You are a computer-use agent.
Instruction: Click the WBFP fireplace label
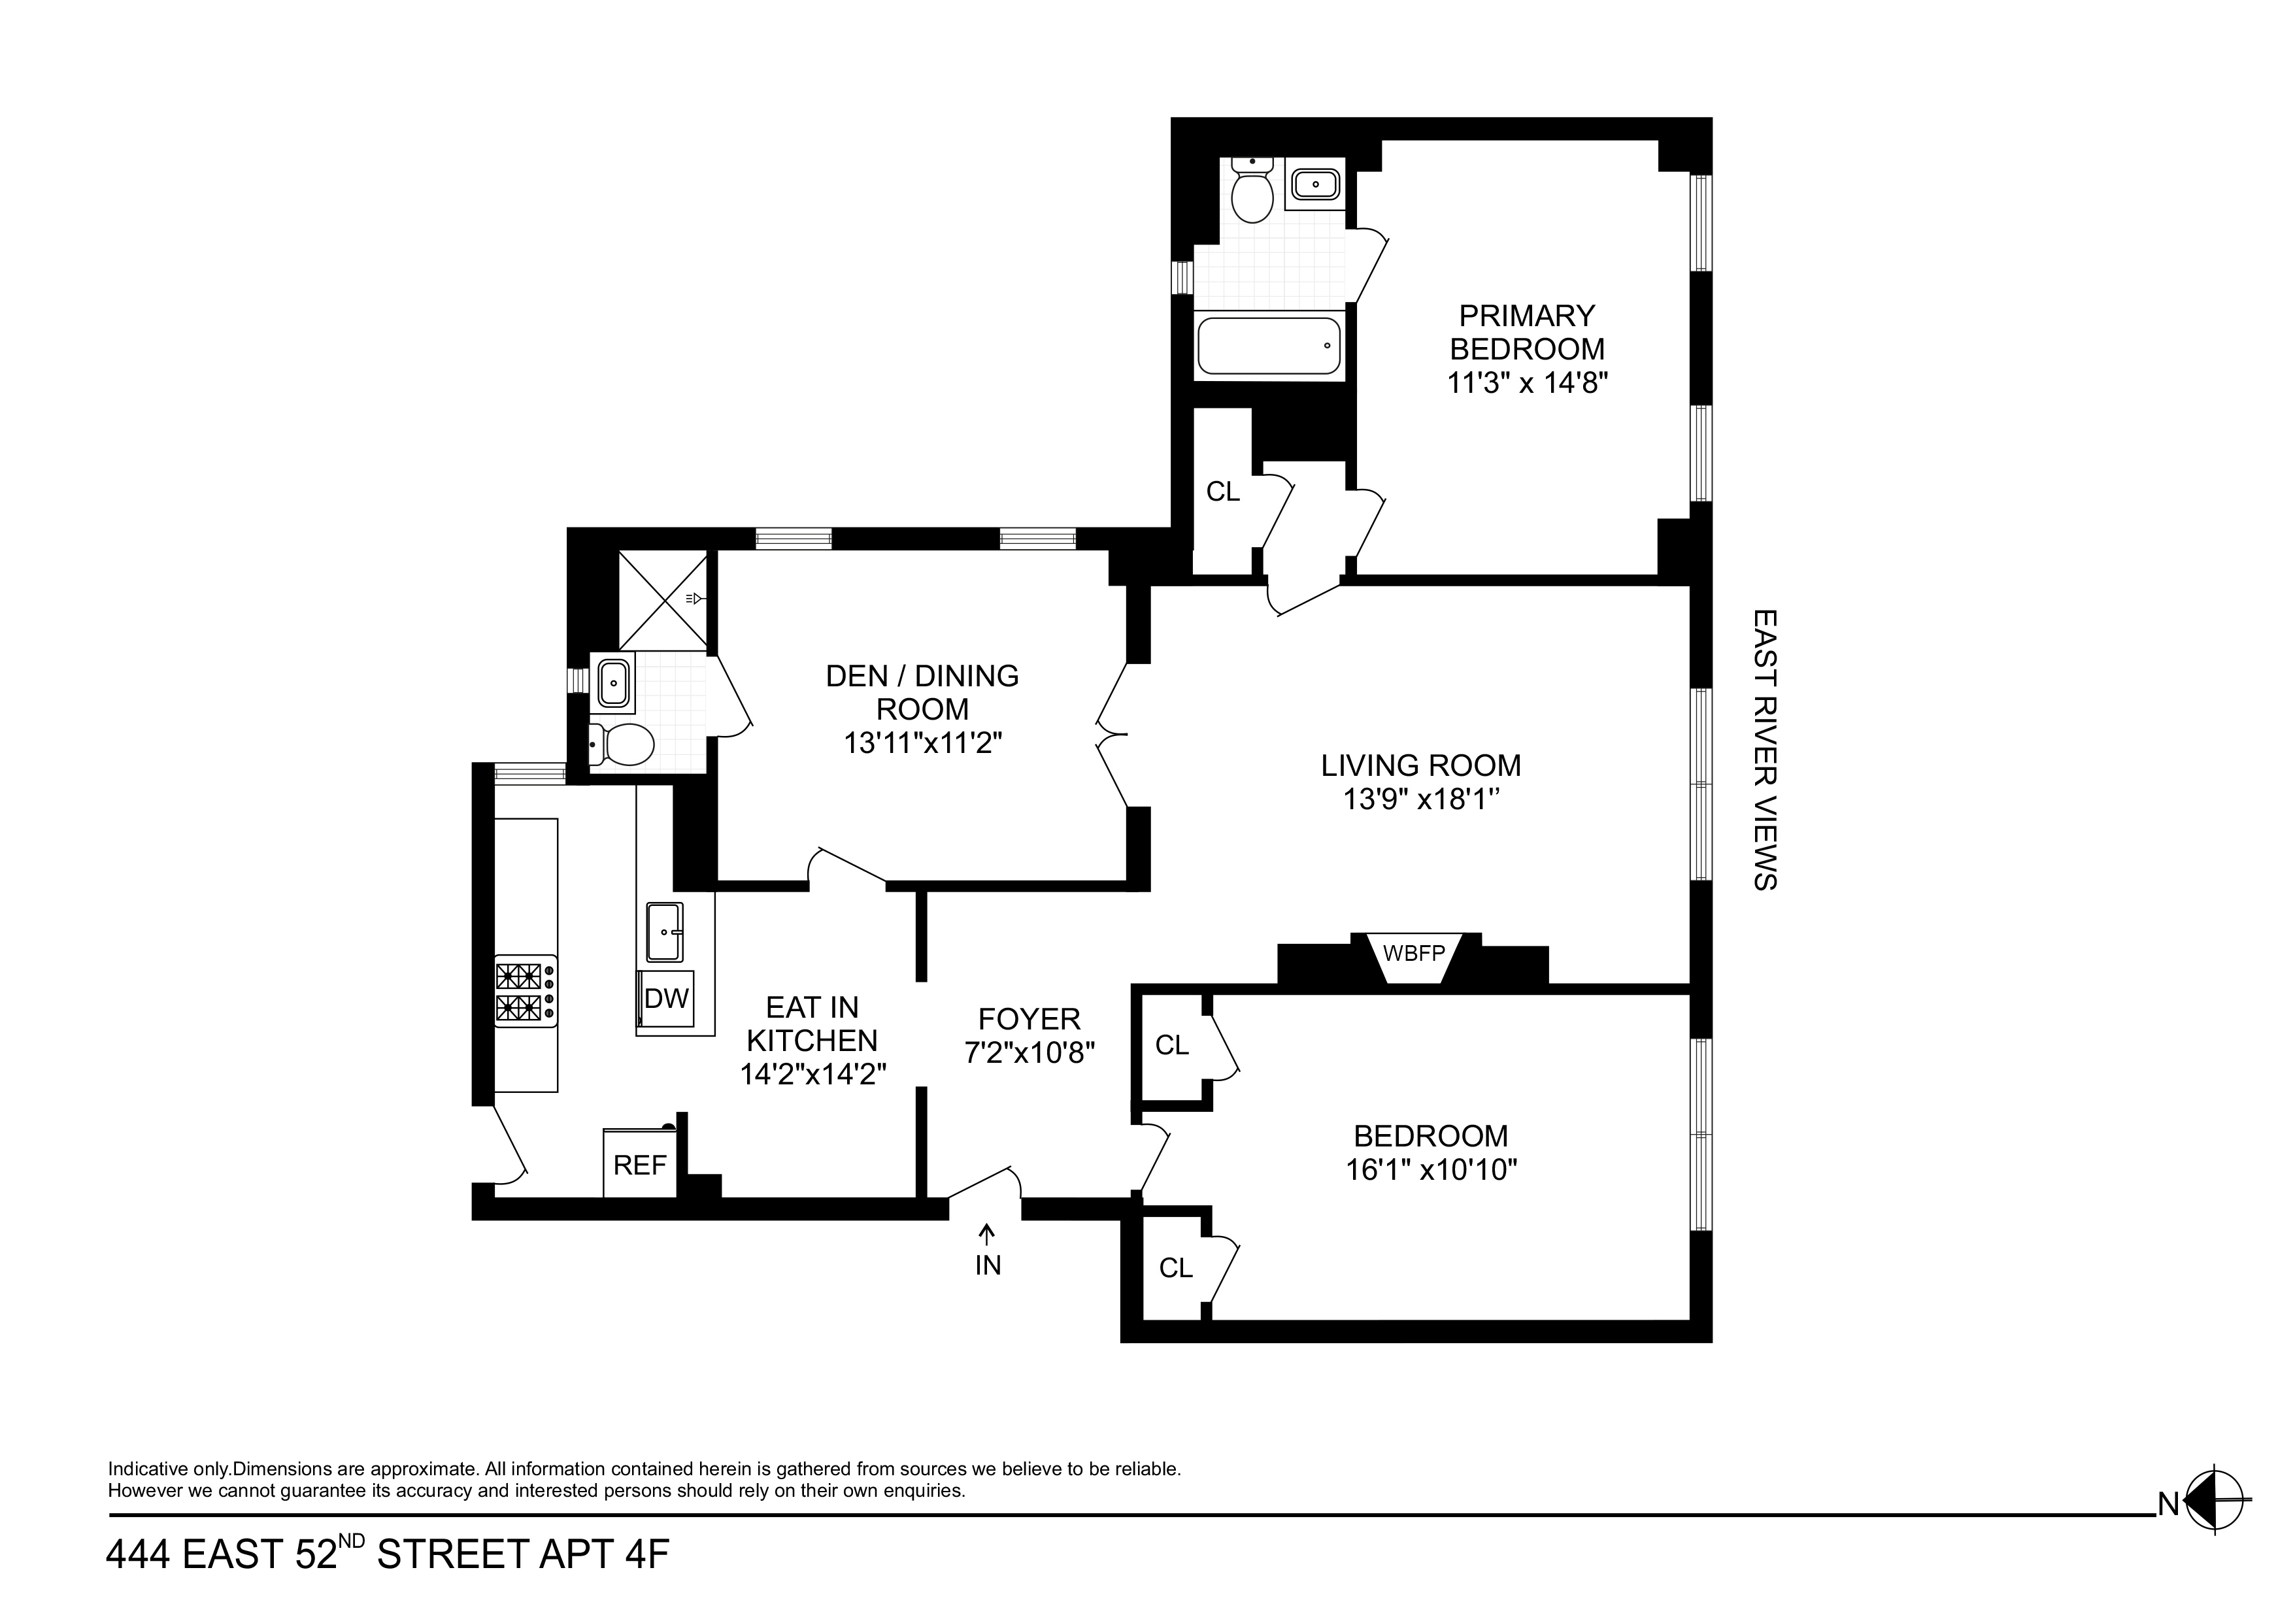coord(1413,953)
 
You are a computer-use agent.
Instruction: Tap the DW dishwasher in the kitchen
coord(666,998)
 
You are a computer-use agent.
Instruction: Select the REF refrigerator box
coord(640,1165)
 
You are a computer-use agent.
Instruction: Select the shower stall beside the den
coord(663,599)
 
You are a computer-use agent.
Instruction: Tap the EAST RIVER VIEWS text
coord(1765,750)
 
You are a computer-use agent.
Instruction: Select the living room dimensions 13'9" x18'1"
coord(1421,800)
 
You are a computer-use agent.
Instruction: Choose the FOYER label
coord(1029,1019)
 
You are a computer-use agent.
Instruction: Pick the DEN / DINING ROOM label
coord(923,692)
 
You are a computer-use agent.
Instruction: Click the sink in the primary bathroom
coord(1314,184)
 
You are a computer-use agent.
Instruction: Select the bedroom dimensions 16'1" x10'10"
coord(1431,1169)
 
